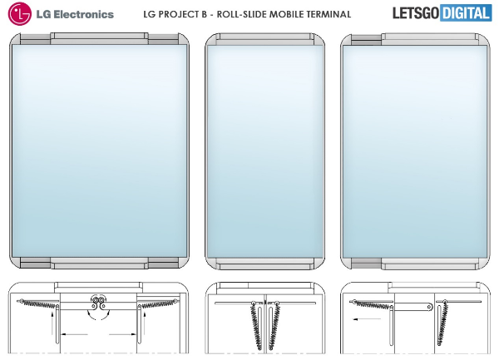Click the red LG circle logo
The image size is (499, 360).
(x=20, y=13)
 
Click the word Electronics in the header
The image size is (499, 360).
(x=83, y=14)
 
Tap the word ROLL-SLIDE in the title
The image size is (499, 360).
(x=243, y=14)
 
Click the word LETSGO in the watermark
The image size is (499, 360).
(x=416, y=13)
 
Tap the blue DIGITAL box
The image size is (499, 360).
(x=466, y=13)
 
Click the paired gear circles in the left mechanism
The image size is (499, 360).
(x=98, y=300)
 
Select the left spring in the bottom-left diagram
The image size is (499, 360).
(x=38, y=303)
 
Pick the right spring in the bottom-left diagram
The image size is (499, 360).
(x=158, y=303)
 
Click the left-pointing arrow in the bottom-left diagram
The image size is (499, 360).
(x=74, y=334)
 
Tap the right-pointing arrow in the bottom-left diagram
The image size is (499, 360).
(x=122, y=334)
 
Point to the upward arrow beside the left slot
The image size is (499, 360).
(x=52, y=323)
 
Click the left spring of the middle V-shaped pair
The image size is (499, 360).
(x=257, y=325)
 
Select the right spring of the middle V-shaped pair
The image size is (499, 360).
(x=274, y=325)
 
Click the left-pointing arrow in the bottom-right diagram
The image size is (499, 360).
(x=367, y=319)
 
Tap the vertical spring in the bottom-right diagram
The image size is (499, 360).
(x=442, y=323)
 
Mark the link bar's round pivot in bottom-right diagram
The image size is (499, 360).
(x=429, y=308)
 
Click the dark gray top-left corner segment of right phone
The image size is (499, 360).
(x=366, y=41)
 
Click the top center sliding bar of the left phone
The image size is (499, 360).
(x=99, y=38)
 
